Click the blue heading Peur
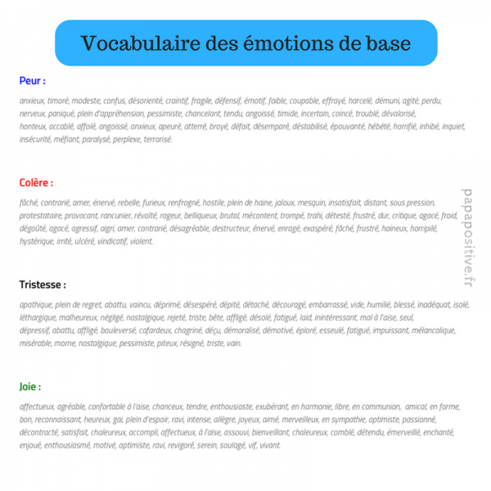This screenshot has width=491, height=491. [32, 81]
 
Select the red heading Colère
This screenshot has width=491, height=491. [36, 182]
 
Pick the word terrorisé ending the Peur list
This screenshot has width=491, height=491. [155, 140]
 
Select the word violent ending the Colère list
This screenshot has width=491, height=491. [142, 241]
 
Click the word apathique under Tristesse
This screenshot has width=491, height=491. [37, 304]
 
